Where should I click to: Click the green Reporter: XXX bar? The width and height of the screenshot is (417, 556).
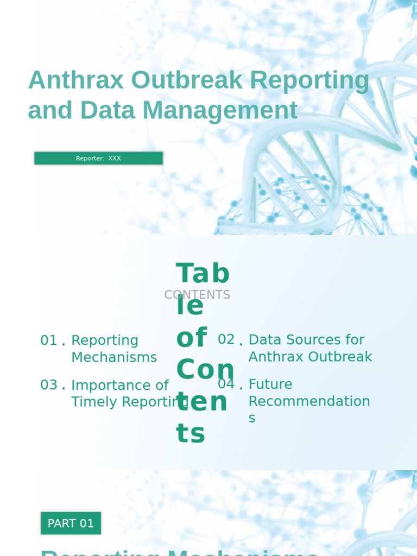tap(98, 158)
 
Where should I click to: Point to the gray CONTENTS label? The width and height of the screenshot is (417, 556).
tap(197, 295)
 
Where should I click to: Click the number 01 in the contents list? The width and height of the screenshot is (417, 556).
tap(49, 340)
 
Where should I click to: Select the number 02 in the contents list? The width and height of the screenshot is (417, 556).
tap(226, 339)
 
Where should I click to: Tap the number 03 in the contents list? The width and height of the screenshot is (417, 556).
tap(49, 385)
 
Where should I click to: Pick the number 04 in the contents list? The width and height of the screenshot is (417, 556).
tap(226, 384)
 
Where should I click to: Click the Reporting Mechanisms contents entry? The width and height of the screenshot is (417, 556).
tap(114, 349)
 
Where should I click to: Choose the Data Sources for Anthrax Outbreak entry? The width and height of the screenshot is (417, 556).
tap(310, 348)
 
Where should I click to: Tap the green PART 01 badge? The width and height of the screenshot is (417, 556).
tap(71, 523)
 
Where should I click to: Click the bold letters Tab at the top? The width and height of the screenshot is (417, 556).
tap(203, 274)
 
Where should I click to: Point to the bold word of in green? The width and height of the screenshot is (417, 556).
tap(191, 338)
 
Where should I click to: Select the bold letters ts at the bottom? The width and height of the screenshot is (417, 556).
tap(191, 434)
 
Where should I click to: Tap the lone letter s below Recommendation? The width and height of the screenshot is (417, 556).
tap(252, 418)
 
